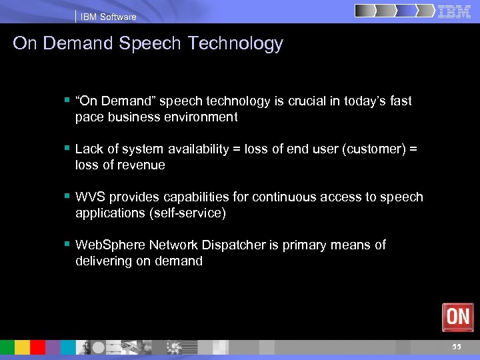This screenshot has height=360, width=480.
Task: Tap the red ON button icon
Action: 457,317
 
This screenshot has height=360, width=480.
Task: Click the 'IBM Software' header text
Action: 108,17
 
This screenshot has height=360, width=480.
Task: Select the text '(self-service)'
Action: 189,213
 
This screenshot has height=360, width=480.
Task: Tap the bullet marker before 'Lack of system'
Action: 67,149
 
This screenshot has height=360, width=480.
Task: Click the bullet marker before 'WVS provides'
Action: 67,197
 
